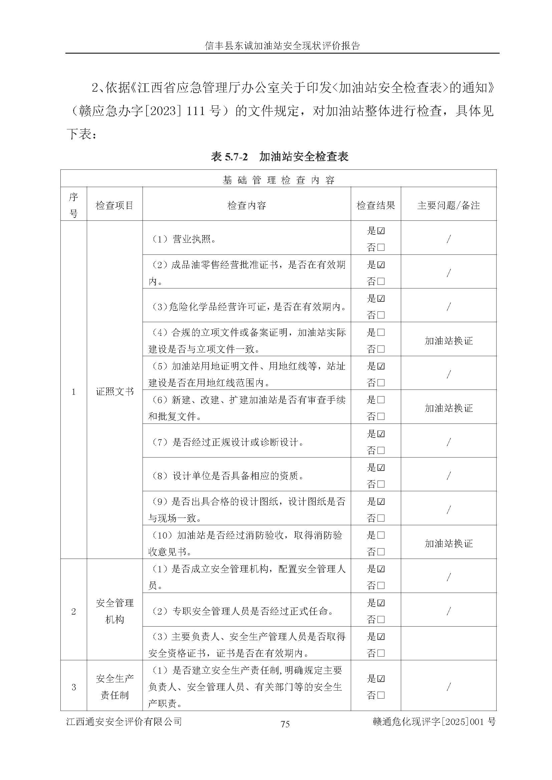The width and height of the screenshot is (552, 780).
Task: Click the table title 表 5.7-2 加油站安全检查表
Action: click(x=279, y=157)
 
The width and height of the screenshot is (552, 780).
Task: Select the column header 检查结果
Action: click(x=375, y=205)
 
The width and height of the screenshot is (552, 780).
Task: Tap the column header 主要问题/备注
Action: click(x=448, y=205)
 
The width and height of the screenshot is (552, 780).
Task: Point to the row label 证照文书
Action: click(x=114, y=392)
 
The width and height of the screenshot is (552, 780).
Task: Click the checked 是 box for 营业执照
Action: click(x=381, y=231)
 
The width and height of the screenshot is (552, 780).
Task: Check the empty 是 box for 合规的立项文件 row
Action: click(x=381, y=332)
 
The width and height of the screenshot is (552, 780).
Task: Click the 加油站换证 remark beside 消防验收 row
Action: click(x=448, y=544)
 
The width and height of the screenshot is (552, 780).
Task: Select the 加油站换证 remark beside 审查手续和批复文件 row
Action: click(x=448, y=408)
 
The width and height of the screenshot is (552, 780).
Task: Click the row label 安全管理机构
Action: click(x=114, y=611)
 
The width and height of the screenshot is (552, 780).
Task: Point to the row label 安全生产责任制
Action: click(x=114, y=687)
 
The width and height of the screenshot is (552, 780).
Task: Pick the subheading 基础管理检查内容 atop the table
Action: click(x=278, y=180)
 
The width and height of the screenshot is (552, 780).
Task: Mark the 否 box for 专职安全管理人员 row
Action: click(x=381, y=620)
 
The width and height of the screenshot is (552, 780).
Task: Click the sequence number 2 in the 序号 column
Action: click(x=73, y=612)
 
